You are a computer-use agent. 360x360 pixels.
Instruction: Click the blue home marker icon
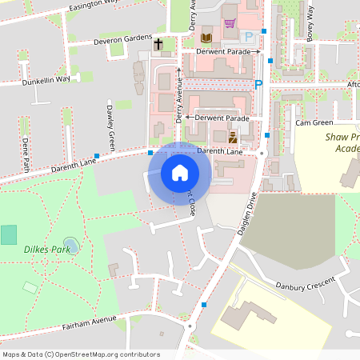[180, 173]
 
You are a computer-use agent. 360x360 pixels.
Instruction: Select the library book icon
[206, 38]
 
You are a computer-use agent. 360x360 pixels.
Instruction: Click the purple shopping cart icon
[230, 23]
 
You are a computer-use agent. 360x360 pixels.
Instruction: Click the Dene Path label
[26, 154]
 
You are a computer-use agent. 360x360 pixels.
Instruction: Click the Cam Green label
[314, 123]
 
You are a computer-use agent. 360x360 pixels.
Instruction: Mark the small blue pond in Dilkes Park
[70, 244]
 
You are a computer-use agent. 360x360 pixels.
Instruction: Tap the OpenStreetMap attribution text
[80, 354]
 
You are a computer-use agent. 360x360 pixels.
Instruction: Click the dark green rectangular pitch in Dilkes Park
[9, 234]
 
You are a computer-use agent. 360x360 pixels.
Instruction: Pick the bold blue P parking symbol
[258, 83]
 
